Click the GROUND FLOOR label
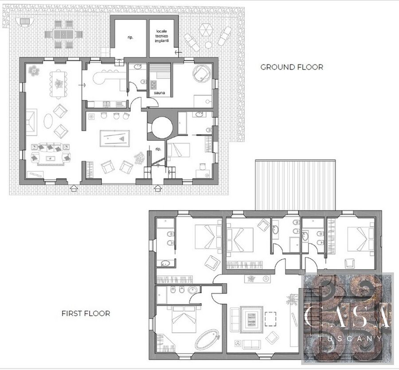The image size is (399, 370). (x=292, y=67)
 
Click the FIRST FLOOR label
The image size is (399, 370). (x=86, y=313)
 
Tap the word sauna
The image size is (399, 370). (x=159, y=93)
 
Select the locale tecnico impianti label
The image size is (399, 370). (x=162, y=36)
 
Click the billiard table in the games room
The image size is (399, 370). (x=115, y=139)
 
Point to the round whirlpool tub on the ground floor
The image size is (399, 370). (x=202, y=73)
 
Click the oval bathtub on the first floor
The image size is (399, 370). (x=207, y=339)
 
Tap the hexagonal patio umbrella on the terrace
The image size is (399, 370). (x=205, y=30)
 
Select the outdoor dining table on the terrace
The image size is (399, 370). (x=63, y=34)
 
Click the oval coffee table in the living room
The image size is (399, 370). (x=48, y=121)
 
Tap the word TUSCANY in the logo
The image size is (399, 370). (x=350, y=339)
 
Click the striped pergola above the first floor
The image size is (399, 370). (x=295, y=185)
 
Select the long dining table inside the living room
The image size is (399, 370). (x=59, y=84)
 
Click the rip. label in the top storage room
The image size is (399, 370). (x=130, y=37)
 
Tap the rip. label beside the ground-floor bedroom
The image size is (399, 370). (x=158, y=149)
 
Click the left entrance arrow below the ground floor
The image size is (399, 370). (x=74, y=188)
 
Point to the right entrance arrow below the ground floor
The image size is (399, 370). (x=158, y=188)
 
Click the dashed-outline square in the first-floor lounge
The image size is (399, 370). (x=270, y=319)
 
